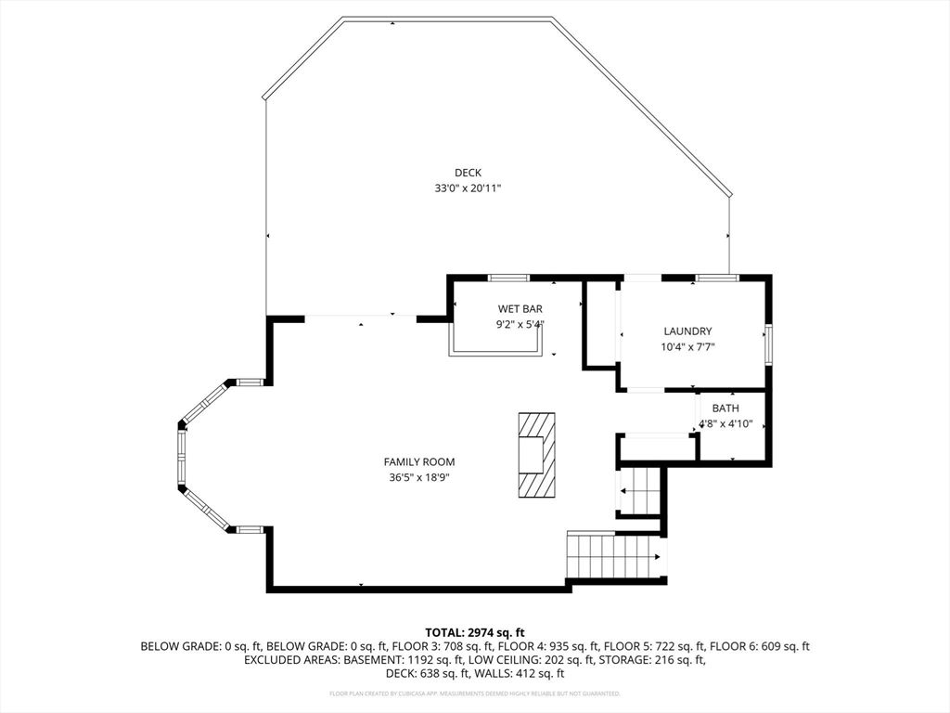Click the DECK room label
click(x=468, y=172)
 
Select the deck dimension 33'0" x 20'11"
click(x=468, y=188)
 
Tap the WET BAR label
click(x=520, y=308)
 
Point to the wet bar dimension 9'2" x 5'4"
click(x=520, y=325)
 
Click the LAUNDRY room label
click(x=687, y=331)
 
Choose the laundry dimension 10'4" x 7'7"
click(x=687, y=347)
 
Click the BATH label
click(x=725, y=408)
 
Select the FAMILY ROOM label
click(x=419, y=461)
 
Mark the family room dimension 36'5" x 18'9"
click(x=419, y=477)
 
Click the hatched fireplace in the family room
click(x=536, y=455)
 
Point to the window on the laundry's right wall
click(x=767, y=343)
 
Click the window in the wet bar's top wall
click(x=508, y=278)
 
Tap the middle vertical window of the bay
click(x=182, y=456)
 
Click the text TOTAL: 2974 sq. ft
click(x=475, y=632)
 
